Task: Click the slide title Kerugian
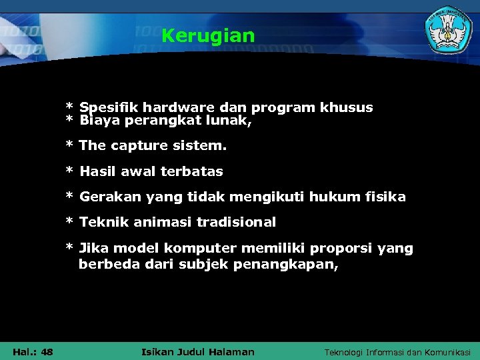pos(208,35)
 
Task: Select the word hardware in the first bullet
pos(175,108)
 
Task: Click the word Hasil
pos(98,171)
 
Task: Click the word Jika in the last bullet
pos(94,249)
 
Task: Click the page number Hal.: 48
pos(33,352)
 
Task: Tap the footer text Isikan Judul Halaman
pos(199,352)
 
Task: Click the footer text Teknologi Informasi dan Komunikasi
pos(397,352)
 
